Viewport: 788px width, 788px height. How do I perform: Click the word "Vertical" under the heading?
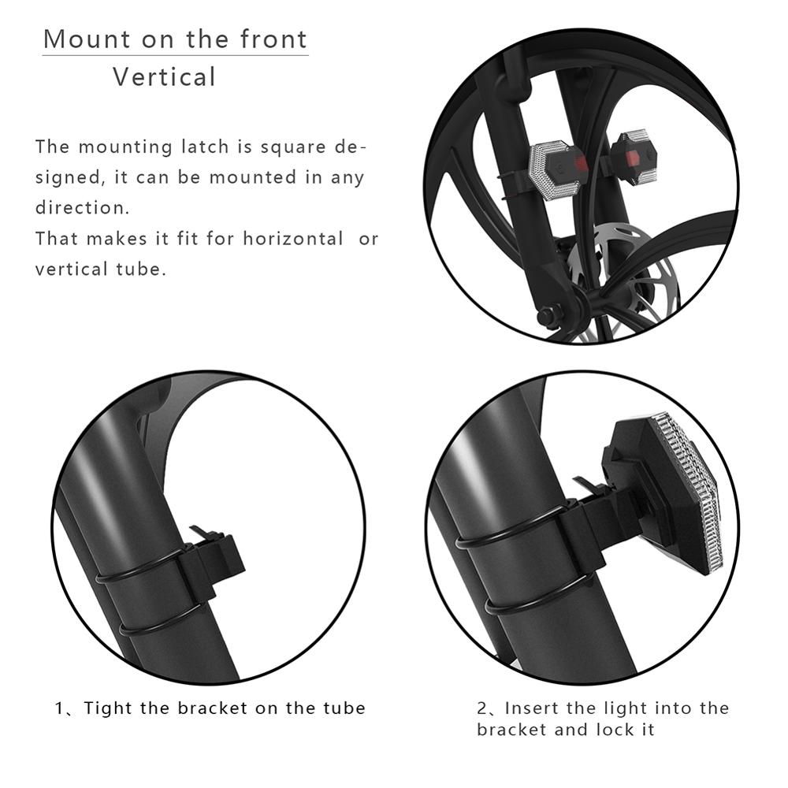165,77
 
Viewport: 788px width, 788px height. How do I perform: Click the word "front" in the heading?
274,39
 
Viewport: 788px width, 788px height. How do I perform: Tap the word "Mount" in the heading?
87,39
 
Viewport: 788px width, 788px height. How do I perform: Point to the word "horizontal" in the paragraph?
293,238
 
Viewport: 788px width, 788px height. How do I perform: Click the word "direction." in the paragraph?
83,207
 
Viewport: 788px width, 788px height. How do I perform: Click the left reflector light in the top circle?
558,169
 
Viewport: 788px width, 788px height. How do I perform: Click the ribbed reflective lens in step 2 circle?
687,488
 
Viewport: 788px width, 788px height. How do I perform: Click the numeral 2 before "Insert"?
482,708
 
